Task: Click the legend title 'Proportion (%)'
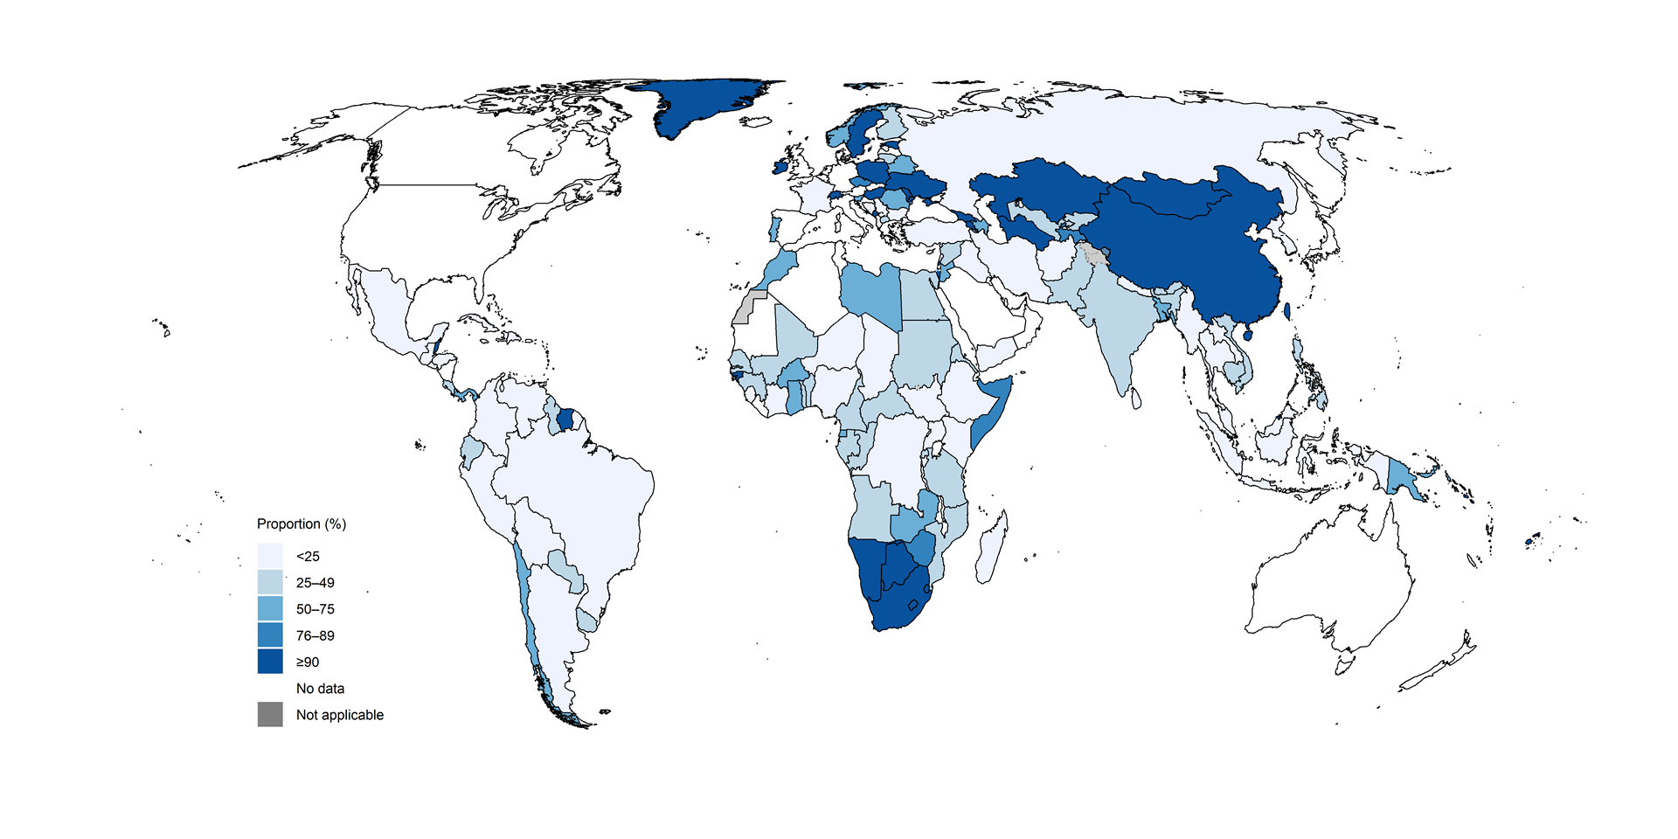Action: [x=301, y=524]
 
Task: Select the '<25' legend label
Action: [x=308, y=556]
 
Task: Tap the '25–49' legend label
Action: [x=315, y=583]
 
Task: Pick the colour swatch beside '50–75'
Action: [x=270, y=608]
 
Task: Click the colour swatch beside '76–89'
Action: [x=270, y=634]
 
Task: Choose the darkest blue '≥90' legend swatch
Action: [x=270, y=661]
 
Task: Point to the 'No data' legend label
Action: [x=320, y=689]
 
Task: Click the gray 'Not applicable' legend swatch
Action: [x=270, y=714]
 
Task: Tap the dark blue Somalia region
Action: [x=992, y=411]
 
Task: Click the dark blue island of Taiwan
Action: [x=1287, y=311]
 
